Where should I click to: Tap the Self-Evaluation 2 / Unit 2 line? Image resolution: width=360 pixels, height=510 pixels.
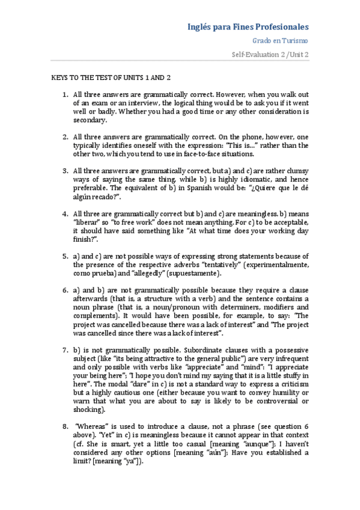pos(270,54)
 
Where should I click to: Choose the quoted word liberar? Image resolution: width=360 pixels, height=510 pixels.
pos(88,222)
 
